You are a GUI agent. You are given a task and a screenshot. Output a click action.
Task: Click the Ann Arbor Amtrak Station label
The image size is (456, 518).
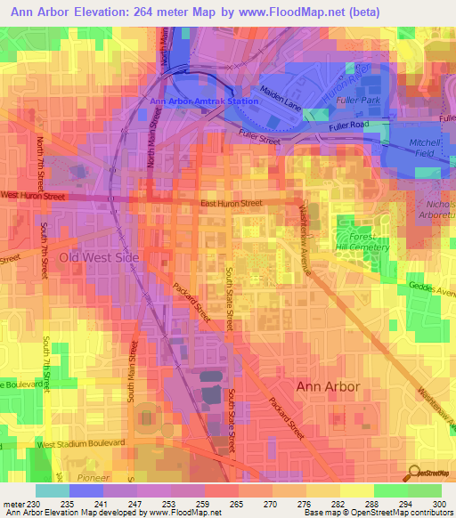204,101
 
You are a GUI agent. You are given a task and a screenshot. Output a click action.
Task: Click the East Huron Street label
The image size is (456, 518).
231,204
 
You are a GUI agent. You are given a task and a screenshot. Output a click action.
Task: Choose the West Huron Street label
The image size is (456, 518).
33,194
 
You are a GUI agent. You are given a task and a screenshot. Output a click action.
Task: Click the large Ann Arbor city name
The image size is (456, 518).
328,387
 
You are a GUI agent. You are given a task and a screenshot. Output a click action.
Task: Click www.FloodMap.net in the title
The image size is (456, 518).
295,12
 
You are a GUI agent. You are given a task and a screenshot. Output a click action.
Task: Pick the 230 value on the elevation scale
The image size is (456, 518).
33,504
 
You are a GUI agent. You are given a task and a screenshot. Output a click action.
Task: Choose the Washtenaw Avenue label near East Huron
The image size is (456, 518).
302,233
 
